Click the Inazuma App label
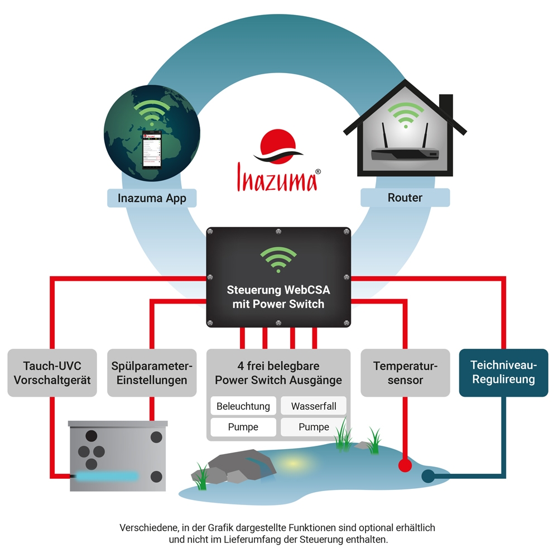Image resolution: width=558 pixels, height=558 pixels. (152, 198)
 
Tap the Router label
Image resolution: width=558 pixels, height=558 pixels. (405, 198)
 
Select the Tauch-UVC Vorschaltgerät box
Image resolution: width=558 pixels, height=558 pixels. (52, 373)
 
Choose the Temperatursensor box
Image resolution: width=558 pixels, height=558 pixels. (405, 373)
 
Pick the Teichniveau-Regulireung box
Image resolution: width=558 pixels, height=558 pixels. (503, 372)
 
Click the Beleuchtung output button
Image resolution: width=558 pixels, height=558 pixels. (243, 406)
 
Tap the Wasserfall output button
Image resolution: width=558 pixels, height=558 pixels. (314, 406)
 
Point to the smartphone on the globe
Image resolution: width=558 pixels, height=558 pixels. (151, 150)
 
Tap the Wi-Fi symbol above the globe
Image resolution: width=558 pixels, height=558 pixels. (152, 112)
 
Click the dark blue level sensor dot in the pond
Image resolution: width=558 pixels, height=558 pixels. (428, 476)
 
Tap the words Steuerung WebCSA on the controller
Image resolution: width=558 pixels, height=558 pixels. (278, 290)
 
